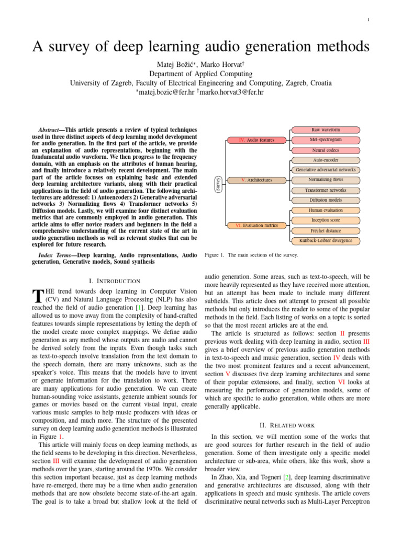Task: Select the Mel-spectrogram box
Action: pos(326,140)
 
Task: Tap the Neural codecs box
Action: pos(326,150)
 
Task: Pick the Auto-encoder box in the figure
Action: pos(326,160)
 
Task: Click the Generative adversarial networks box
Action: pos(326,170)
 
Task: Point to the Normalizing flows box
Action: pos(326,180)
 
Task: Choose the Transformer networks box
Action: pos(326,190)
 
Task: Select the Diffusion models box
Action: pos(326,200)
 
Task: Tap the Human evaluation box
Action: pos(326,210)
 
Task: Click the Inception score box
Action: pos(326,220)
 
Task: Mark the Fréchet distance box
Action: pos(326,230)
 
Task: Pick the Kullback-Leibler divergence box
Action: pos(326,241)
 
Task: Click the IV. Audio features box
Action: pos(257,140)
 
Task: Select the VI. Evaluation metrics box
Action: pos(257,225)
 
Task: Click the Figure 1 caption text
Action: pos(251,255)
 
